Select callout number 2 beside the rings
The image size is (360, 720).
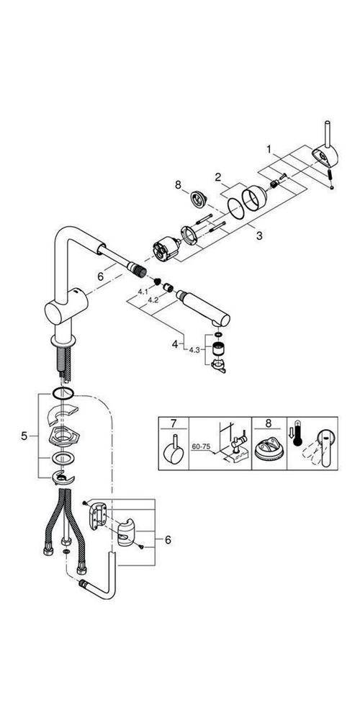pyautogui.click(x=215, y=175)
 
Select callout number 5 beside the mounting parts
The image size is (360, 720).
pyautogui.click(x=25, y=436)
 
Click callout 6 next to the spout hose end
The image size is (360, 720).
pyautogui.click(x=101, y=276)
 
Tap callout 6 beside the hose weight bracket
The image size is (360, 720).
pyautogui.click(x=168, y=539)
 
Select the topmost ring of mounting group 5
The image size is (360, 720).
pyautogui.click(x=63, y=393)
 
